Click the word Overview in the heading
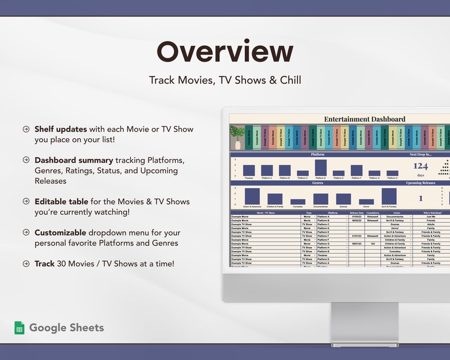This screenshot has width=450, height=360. pos(225,52)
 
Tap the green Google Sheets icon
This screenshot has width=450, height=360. pos(19,328)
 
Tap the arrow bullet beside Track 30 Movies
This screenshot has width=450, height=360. pos(26,264)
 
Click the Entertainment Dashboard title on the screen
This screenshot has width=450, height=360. pos(364,119)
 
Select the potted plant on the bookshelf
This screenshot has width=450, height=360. pos(237,137)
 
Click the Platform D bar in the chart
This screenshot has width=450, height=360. pos(321,168)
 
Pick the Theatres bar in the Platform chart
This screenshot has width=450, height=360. pos(249,171)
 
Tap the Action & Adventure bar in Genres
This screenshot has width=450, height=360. pos(252,196)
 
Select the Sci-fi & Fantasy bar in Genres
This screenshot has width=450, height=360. pos(389,196)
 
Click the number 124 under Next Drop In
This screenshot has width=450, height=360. pos(421,166)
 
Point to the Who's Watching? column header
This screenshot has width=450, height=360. pos(431,213)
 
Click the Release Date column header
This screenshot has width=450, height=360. pos(357,213)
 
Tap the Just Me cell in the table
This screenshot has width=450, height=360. pos(431,217)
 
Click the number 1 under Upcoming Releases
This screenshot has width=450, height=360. pos(421,198)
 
